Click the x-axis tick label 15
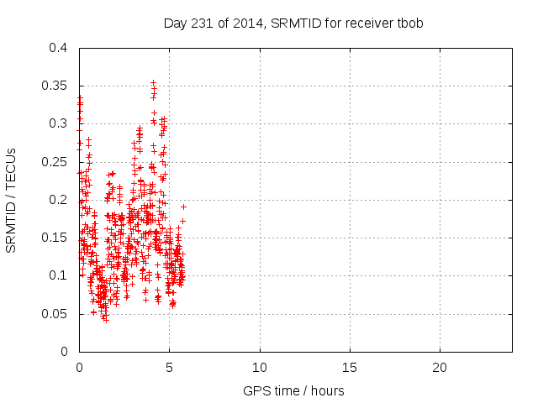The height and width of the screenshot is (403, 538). pos(350,368)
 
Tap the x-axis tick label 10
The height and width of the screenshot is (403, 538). pos(260,368)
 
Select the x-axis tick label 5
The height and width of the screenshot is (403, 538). pos(169,368)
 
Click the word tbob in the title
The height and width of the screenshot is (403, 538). pos(409,24)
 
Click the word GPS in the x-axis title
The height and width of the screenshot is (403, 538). pos(256,391)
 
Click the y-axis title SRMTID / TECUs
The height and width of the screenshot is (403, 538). pos(12,200)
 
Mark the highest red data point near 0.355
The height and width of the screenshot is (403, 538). pos(153,83)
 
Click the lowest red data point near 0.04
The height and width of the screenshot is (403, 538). pos(106,320)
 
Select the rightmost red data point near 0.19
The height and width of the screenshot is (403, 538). pos(183,207)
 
